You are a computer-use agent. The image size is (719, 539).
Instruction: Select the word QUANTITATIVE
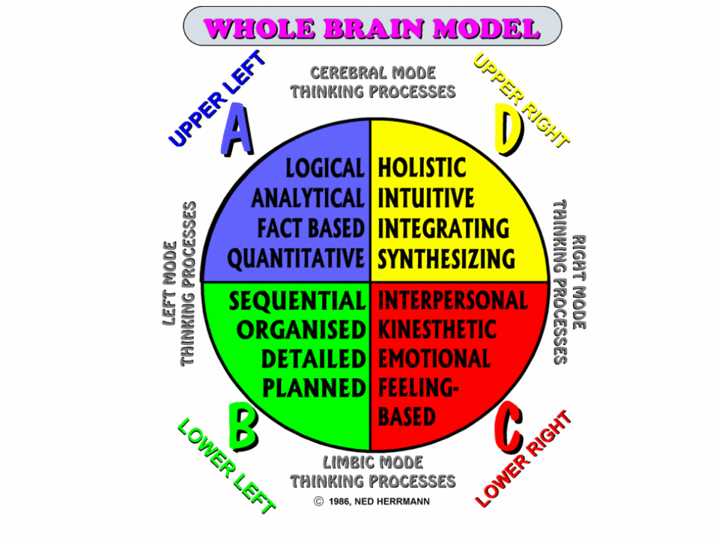click(296, 259)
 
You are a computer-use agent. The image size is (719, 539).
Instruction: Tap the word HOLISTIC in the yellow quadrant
click(422, 168)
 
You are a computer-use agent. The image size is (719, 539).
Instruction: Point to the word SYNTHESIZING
click(446, 259)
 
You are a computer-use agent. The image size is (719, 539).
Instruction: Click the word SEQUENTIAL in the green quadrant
click(297, 301)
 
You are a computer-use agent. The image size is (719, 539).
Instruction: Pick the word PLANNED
click(314, 387)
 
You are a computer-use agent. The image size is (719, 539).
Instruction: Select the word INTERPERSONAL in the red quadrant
click(452, 301)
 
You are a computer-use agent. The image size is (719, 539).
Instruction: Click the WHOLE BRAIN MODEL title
click(372, 28)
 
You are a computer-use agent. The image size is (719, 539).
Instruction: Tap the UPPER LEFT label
click(217, 98)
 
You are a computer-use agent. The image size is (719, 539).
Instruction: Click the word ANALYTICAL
click(308, 198)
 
